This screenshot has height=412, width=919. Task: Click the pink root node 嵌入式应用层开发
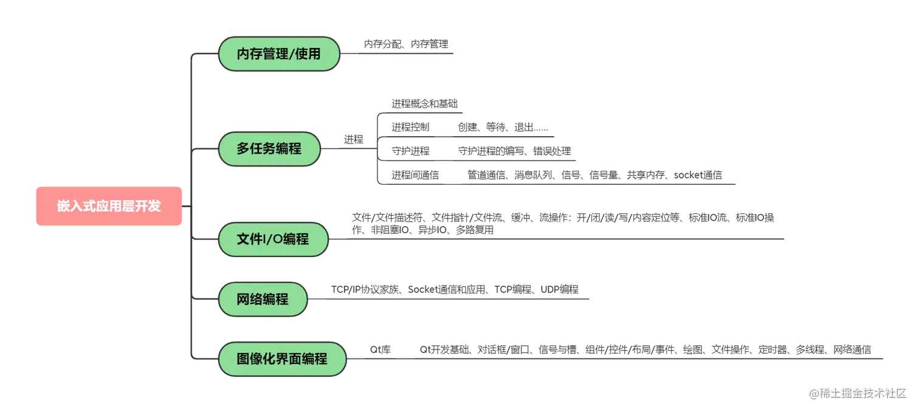tap(109, 207)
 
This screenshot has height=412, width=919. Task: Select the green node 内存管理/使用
tap(278, 54)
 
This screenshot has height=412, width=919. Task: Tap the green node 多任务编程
tap(269, 149)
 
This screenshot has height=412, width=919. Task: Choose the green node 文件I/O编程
tap(273, 239)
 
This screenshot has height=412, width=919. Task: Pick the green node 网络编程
tap(263, 299)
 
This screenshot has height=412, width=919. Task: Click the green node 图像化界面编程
tap(282, 359)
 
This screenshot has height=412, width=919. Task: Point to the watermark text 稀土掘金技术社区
tap(862, 393)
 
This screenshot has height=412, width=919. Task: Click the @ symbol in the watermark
tap(813, 393)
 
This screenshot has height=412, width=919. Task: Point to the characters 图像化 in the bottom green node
tap(256, 359)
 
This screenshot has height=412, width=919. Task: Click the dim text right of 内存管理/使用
tap(406, 44)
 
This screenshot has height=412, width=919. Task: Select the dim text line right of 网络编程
tap(453, 291)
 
